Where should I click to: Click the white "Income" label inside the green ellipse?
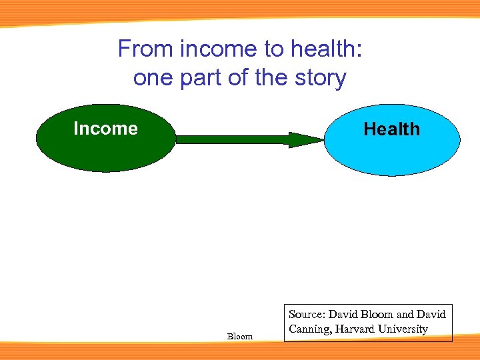pyautogui.click(x=105, y=129)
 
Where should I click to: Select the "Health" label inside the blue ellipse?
pyautogui.click(x=391, y=129)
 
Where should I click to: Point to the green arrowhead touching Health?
pyautogui.click(x=306, y=139)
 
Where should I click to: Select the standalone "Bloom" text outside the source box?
pyautogui.click(x=240, y=337)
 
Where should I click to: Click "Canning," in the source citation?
pyautogui.click(x=309, y=329)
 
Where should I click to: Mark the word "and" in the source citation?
pyautogui.click(x=406, y=315)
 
